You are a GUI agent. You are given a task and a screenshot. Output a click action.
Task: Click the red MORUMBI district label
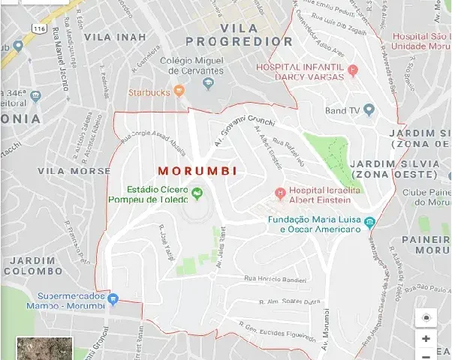[198, 171]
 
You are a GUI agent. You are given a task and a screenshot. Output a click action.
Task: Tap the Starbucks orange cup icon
[179, 91]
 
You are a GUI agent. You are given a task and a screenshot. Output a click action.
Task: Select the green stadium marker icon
[197, 194]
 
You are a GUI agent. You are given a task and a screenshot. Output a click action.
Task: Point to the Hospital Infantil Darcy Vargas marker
[353, 71]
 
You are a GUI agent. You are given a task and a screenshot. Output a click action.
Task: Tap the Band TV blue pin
[369, 110]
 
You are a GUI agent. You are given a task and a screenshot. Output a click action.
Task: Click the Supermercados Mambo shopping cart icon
[113, 300]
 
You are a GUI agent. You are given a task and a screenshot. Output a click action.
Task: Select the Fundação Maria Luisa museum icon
[369, 223]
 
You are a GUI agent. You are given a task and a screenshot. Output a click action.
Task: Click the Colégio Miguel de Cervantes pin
[209, 83]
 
